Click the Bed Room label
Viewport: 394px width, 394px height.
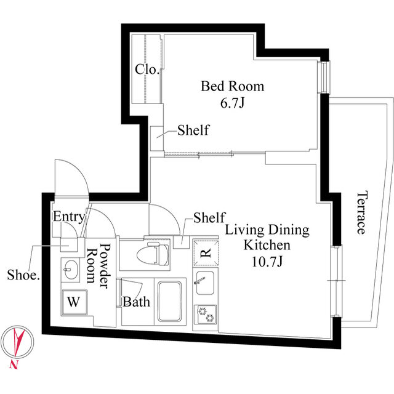(233, 86)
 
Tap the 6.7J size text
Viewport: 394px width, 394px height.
(233, 103)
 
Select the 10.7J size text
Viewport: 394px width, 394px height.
(267, 261)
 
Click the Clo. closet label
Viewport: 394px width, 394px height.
(147, 69)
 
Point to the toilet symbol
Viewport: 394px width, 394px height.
(153, 254)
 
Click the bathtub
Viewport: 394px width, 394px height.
(170, 301)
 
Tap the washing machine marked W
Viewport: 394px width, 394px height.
(74, 302)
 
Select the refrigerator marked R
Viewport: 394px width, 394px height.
(206, 253)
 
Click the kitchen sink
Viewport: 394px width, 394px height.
(205, 283)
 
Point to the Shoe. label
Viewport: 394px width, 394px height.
(23, 275)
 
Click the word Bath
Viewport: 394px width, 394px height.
(136, 302)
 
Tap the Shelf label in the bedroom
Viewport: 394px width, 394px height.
(193, 130)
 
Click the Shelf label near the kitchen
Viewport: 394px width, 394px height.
(209, 217)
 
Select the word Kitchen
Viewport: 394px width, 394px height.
(267, 245)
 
